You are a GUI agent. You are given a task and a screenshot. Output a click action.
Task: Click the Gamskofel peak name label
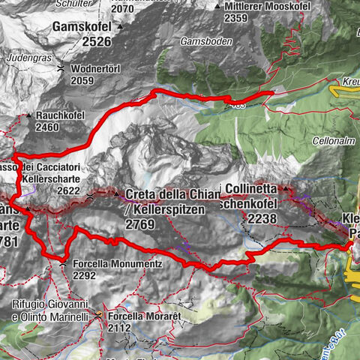(83, 28)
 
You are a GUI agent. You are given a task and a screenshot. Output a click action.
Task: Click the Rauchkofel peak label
(61, 116)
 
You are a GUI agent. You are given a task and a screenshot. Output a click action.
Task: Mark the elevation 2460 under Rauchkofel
(46, 127)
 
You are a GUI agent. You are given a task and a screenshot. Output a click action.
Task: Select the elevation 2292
(85, 275)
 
